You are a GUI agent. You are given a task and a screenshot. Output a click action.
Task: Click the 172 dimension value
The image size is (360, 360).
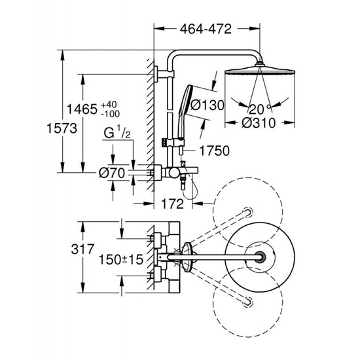(172, 204)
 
